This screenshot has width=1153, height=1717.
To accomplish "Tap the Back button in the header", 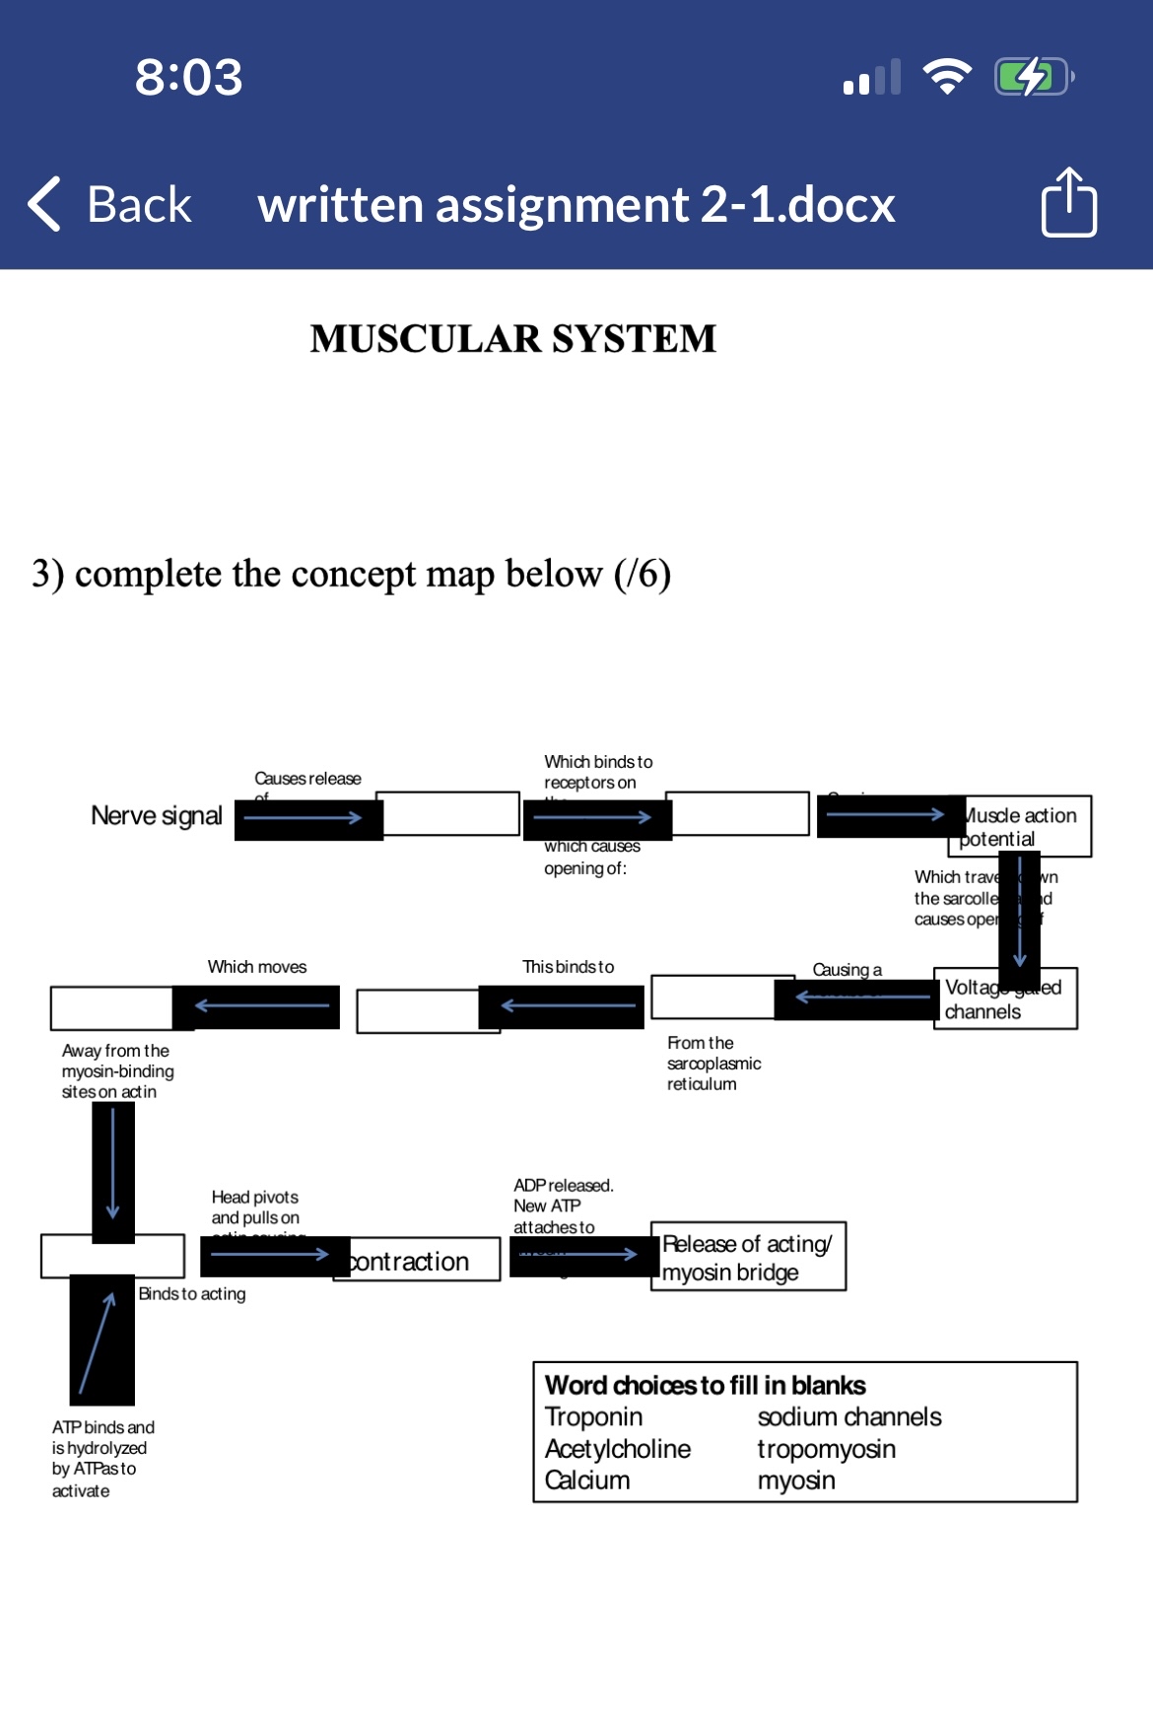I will tap(110, 205).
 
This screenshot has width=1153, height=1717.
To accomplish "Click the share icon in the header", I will tap(1068, 203).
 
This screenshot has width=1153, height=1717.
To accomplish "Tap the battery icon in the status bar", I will tap(1033, 77).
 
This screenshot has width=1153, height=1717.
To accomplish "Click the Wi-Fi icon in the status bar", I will tap(946, 77).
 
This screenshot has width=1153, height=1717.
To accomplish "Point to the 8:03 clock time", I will tap(188, 77).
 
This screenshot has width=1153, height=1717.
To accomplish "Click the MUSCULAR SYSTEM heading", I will tap(512, 339).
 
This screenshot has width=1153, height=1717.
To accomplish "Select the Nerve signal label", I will tap(157, 816).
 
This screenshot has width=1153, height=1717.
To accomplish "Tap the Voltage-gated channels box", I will tap(1005, 999).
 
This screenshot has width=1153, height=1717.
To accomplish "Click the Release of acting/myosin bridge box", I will tap(748, 1258).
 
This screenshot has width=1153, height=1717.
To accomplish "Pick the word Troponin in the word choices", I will tap(593, 1417).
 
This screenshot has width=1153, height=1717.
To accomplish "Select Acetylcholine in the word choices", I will tap(618, 1449).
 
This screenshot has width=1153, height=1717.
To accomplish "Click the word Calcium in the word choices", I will tap(587, 1480).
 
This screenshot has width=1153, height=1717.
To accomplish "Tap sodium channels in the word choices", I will tap(849, 1417).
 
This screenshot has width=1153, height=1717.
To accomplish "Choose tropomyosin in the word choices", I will tap(826, 1449).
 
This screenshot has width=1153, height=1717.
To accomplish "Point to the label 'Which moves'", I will tap(257, 967).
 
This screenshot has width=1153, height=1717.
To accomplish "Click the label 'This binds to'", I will tap(568, 967).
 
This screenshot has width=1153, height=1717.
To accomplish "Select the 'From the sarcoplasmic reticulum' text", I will tap(713, 1064).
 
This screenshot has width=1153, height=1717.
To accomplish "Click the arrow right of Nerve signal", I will tap(304, 818).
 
